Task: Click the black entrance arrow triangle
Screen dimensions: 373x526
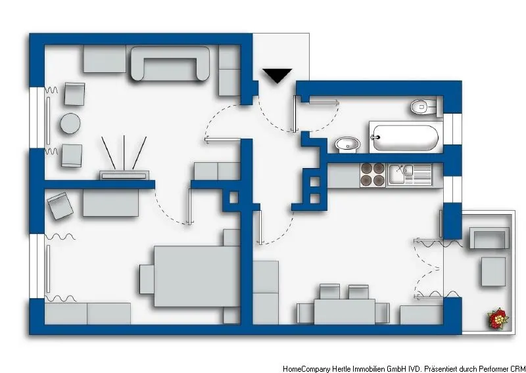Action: coord(277,76)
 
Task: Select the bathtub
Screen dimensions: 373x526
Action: coord(403,137)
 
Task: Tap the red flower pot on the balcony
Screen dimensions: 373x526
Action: coord(498,320)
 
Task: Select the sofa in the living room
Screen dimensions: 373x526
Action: coord(170,64)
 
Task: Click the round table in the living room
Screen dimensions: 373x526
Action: coord(70,123)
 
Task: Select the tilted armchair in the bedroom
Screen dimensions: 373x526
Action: coord(60,206)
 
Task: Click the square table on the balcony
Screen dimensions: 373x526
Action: coord(493,271)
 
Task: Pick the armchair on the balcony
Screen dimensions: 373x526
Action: coord(488,238)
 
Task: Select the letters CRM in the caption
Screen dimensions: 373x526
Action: coord(516,369)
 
